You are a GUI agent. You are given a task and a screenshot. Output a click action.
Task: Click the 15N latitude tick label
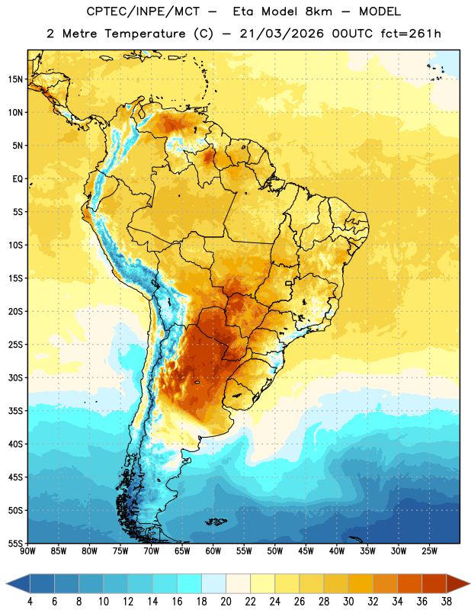(x=15, y=79)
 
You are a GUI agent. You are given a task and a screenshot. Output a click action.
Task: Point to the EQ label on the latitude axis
(x=18, y=179)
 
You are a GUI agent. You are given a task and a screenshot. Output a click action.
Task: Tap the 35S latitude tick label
(x=15, y=411)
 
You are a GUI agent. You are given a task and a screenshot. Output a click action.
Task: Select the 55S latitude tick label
(x=15, y=543)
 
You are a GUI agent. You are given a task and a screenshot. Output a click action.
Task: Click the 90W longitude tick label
(x=27, y=551)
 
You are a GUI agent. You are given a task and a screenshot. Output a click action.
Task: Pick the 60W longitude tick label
(x=213, y=551)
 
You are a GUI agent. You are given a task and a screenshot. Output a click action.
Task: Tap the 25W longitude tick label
(x=429, y=551)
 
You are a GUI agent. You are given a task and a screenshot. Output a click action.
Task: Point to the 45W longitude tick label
(x=306, y=551)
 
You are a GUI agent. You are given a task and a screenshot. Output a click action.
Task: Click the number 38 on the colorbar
(x=447, y=602)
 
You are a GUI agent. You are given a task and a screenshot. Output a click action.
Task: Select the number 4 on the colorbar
(x=30, y=602)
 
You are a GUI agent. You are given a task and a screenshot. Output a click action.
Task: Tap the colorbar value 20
(x=226, y=602)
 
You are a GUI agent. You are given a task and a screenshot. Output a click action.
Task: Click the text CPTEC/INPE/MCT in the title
(x=143, y=11)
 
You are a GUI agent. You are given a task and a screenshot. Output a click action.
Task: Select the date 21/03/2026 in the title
(x=281, y=34)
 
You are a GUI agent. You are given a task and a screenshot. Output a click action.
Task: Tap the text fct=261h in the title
(x=411, y=34)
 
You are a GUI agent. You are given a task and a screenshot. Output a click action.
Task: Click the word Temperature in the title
(x=145, y=34)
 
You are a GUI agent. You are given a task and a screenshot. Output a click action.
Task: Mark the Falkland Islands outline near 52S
(x=216, y=522)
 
